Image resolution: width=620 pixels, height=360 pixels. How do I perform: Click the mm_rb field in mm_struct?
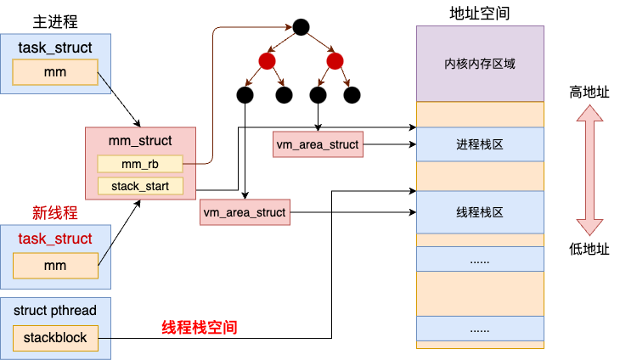pos(140,163)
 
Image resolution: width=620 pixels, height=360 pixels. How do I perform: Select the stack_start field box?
pos(140,186)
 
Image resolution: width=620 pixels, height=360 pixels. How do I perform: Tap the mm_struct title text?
pos(140,140)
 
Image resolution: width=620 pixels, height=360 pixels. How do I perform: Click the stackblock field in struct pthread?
pos(55,337)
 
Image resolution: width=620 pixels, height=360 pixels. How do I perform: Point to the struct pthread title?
pos(55,310)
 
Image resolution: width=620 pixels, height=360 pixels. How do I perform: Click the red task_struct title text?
pos(55,239)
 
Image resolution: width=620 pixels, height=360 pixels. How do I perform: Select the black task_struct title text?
pos(55,48)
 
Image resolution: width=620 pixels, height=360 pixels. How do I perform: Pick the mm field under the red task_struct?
pos(55,266)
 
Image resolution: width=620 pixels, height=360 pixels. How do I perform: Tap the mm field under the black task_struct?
pos(55,73)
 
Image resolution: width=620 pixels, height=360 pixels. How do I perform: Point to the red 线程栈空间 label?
pos(200,327)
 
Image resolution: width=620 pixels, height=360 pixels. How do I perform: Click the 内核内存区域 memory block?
pos(480,64)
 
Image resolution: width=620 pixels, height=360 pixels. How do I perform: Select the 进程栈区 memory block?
pos(480,144)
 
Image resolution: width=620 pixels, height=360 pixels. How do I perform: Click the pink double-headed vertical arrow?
pos(589,170)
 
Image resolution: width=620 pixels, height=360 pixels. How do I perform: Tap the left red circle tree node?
pos(267,61)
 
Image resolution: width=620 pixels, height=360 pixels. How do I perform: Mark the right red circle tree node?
pos(335,61)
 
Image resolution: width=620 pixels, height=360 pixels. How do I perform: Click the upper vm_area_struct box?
pos(318,144)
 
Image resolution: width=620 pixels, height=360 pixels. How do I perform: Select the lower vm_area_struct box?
pos(245,211)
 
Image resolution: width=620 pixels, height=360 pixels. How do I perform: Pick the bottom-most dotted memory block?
pos(480,329)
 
